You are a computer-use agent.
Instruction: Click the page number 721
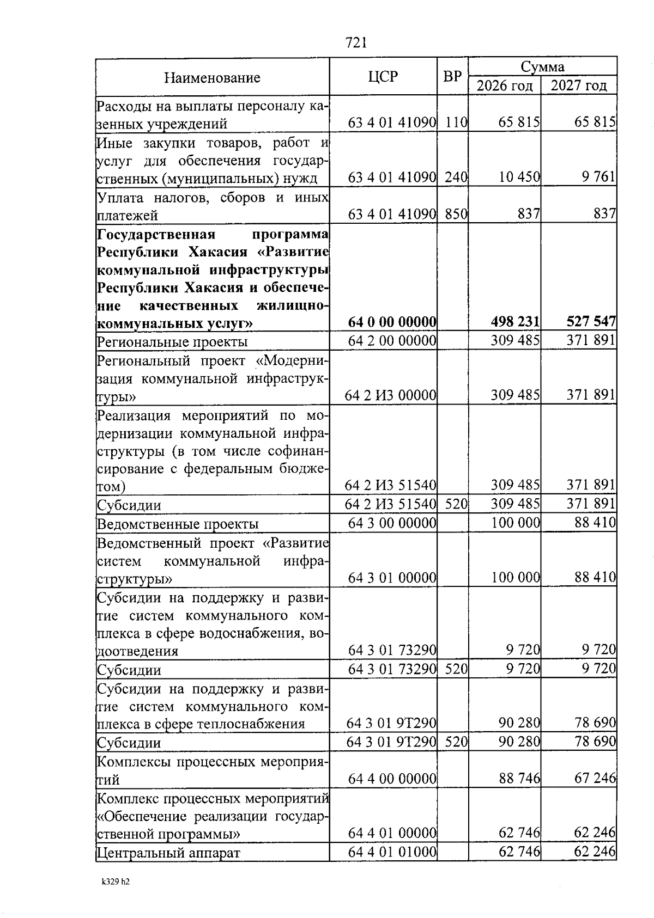356,42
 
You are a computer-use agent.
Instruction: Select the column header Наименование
213,77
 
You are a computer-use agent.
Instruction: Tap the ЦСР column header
383,77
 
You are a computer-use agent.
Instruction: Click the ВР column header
452,77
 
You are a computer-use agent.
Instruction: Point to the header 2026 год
504,86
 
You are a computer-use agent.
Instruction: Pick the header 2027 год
579,86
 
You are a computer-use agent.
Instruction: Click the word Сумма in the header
542,67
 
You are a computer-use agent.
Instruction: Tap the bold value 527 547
591,322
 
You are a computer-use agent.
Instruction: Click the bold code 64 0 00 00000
392,322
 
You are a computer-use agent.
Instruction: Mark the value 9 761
598,177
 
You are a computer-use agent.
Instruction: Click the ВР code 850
456,215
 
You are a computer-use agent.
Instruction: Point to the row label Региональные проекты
172,342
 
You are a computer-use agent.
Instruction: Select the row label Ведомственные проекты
178,524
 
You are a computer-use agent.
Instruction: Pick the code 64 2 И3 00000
390,395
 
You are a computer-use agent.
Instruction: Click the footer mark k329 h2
116,883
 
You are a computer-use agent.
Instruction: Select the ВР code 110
456,123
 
